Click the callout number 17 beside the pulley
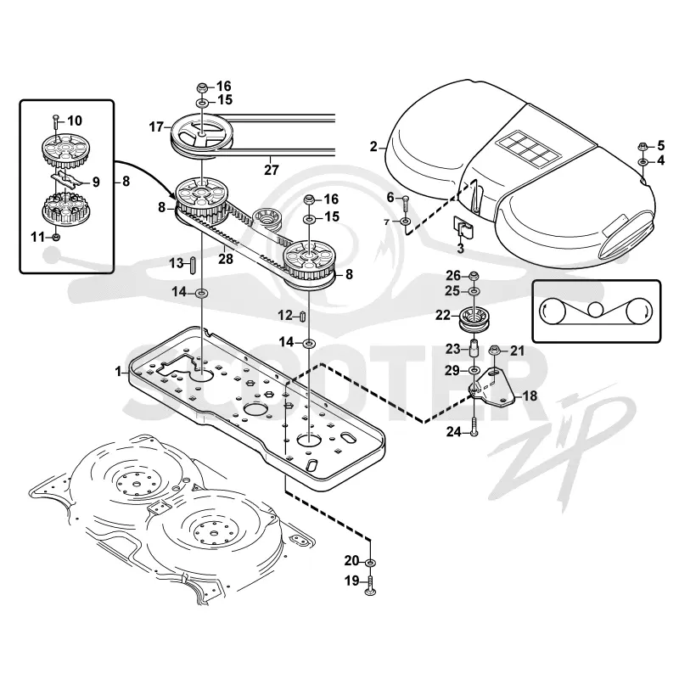pyautogui.click(x=156, y=127)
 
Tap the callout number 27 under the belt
pyautogui.click(x=271, y=170)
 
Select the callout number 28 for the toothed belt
pyautogui.click(x=226, y=259)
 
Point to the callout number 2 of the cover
pyautogui.click(x=373, y=147)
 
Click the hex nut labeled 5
pyautogui.click(x=643, y=147)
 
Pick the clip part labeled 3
pyautogui.click(x=463, y=227)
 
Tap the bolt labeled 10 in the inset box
pyautogui.click(x=55, y=121)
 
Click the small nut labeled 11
pyautogui.click(x=55, y=238)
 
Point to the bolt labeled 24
pyautogui.click(x=474, y=426)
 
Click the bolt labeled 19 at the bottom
pyautogui.click(x=371, y=586)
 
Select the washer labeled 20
pyautogui.click(x=371, y=562)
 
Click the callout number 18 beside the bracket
pyautogui.click(x=530, y=396)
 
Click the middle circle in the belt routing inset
pyautogui.click(x=596, y=310)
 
